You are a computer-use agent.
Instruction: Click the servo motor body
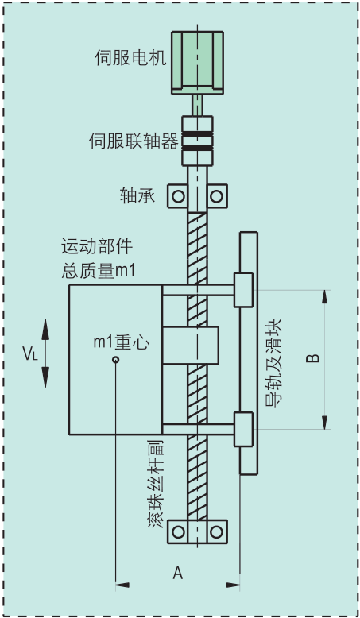click(197, 63)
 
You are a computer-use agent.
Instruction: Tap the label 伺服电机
click(130, 57)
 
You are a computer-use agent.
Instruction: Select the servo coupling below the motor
click(197, 141)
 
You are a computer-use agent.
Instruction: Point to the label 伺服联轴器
click(134, 141)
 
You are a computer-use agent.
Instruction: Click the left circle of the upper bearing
click(178, 196)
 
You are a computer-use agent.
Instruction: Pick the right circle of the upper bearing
click(216, 196)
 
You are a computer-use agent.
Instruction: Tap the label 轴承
click(137, 195)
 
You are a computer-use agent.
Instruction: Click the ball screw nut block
click(191, 346)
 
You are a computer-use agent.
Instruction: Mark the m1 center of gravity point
click(115, 360)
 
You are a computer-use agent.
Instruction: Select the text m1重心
click(122, 342)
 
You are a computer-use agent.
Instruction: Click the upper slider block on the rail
click(244, 290)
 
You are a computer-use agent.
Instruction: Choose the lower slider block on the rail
click(244, 429)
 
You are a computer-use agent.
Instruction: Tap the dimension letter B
click(313, 359)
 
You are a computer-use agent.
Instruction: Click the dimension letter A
click(178, 573)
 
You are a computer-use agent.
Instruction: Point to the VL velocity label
click(30, 353)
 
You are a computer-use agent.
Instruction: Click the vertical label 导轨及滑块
click(273, 363)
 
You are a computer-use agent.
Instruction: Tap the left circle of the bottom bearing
click(178, 532)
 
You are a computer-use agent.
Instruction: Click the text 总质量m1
click(99, 271)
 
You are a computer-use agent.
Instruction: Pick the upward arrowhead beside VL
click(45, 330)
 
